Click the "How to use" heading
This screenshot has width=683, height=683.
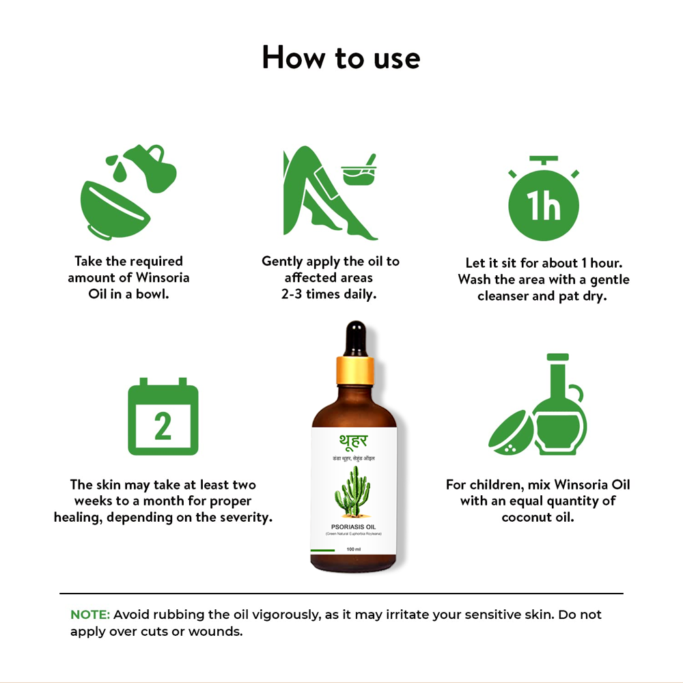coord(341,57)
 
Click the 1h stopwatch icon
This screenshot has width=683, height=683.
coord(544,201)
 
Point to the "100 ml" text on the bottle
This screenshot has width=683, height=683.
coord(353,549)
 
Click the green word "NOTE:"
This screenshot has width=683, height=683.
coord(90,615)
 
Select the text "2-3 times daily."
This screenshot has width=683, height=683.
coord(331,294)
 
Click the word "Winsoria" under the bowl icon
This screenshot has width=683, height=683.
coord(163,278)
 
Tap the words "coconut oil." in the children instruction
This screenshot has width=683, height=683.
coord(538,517)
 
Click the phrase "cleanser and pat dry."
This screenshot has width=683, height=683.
coord(542,296)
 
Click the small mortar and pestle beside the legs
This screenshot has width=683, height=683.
coord(360,171)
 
